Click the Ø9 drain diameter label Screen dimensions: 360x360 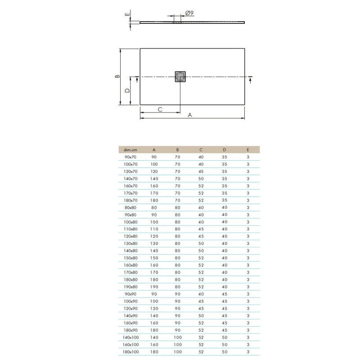coord(189,13)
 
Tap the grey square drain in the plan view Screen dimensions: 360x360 coord(180,76)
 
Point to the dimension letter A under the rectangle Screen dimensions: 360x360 coord(189,115)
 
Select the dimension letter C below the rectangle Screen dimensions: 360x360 coord(160,109)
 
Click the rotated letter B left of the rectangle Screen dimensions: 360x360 coord(117,76)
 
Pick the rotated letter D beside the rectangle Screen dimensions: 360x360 coord(127,91)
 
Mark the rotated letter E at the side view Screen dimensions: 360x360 coord(127,14)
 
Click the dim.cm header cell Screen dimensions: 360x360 coord(130,150)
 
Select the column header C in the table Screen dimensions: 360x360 coord(201,150)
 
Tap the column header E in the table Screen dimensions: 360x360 coord(248,150)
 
